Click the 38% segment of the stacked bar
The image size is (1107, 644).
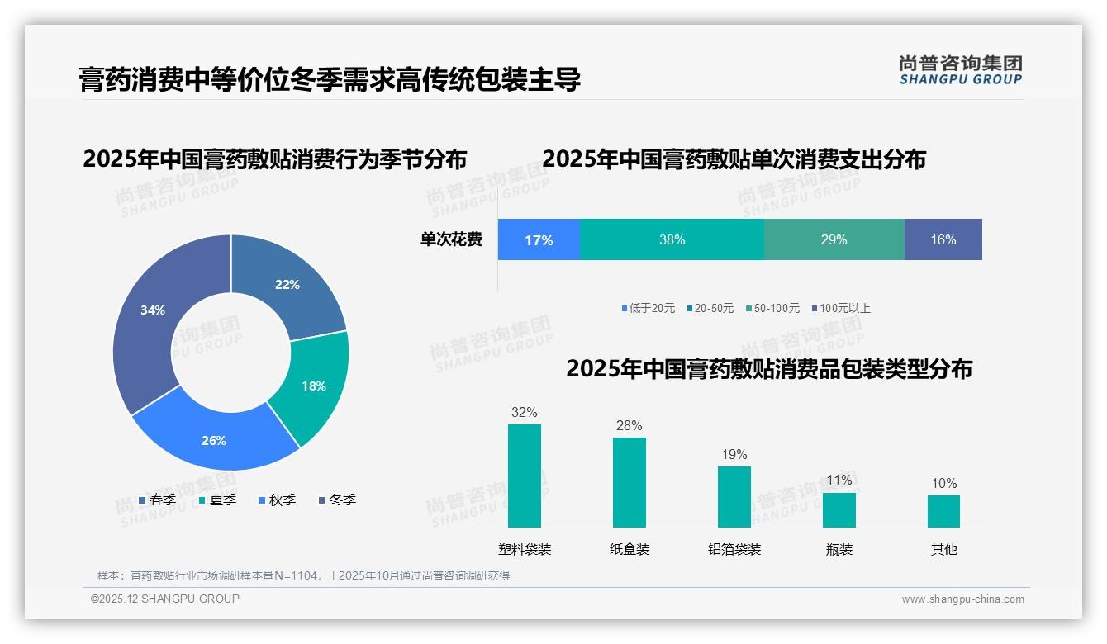pyautogui.click(x=672, y=239)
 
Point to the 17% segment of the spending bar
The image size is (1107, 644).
pyautogui.click(x=539, y=239)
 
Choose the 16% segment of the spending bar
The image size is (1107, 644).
pyautogui.click(x=943, y=239)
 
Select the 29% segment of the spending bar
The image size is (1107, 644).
pyautogui.click(x=834, y=239)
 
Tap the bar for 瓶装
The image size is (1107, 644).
pyautogui.click(x=839, y=509)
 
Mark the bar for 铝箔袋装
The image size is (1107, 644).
pyautogui.click(x=734, y=496)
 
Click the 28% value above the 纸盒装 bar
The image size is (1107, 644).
pyautogui.click(x=629, y=426)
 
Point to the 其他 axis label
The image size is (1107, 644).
pyautogui.click(x=944, y=549)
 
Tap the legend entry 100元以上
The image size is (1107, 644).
pyautogui.click(x=843, y=308)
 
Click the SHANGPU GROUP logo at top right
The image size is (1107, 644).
pyautogui.click(x=960, y=69)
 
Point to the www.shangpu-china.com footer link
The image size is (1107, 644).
pyautogui.click(x=962, y=599)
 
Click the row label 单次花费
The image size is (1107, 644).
pyautogui.click(x=451, y=239)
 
